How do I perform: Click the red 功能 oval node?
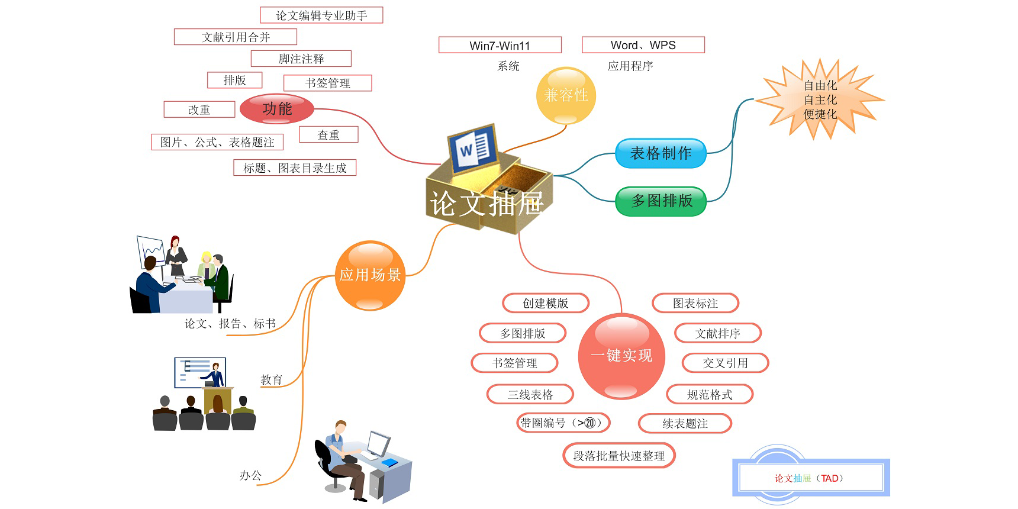[x=277, y=109]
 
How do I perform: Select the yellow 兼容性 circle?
[x=566, y=95]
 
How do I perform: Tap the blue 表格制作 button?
[x=661, y=153]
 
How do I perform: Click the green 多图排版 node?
[x=661, y=201]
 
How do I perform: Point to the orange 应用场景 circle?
[x=370, y=275]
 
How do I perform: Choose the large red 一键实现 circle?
[x=621, y=356]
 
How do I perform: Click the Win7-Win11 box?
[x=500, y=45]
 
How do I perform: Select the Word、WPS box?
[x=643, y=45]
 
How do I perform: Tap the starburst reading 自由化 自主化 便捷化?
[x=820, y=99]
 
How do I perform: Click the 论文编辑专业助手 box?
[x=321, y=15]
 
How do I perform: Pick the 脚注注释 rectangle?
[x=301, y=59]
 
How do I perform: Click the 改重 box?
[x=199, y=109]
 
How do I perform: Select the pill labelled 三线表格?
[x=530, y=394]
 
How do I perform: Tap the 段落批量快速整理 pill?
[x=618, y=456]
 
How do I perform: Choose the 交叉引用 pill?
[x=725, y=363]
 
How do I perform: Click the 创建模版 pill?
[x=545, y=303]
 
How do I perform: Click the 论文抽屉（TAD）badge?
[x=810, y=478]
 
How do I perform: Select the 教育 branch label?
[x=271, y=379]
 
